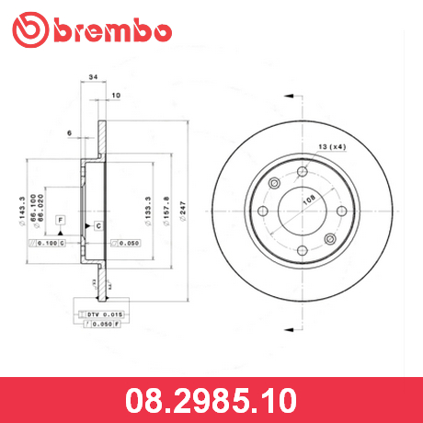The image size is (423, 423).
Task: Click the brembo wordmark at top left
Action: coord(111,31)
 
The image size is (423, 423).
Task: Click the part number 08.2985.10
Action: coord(211,401)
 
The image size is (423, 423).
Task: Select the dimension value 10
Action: coord(116,96)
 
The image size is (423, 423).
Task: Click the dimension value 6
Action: coord(69,134)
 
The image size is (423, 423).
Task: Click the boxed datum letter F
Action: coord(61,221)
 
